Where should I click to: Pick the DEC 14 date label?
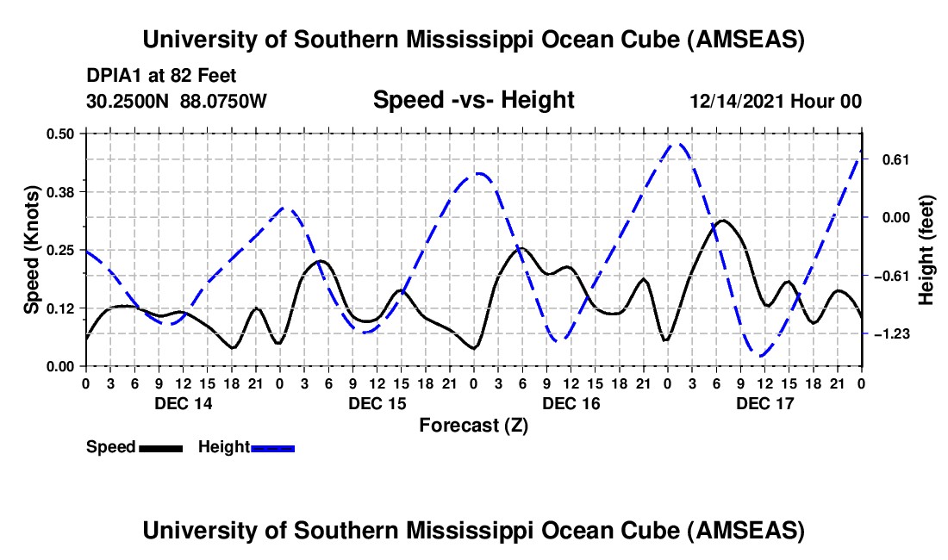[183, 403]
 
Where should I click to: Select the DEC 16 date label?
[571, 403]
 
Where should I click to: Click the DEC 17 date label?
[764, 403]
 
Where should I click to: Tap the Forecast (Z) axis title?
[473, 425]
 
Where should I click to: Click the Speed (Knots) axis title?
[31, 250]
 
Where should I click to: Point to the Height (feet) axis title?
[926, 250]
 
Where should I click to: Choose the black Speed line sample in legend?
[160, 447]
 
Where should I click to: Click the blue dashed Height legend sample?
[272, 447]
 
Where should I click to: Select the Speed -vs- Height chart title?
[473, 100]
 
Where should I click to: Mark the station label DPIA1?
[112, 76]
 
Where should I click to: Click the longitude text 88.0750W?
[223, 102]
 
